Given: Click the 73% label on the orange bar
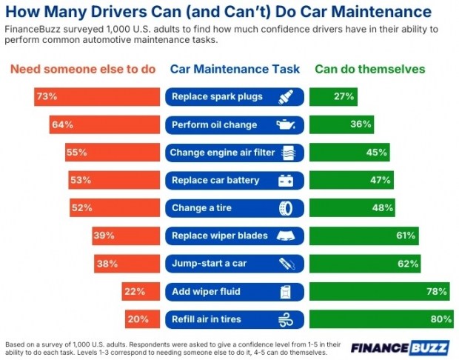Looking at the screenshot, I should [47, 97].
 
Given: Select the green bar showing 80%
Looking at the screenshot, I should [381, 319].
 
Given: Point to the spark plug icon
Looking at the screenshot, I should [285, 97].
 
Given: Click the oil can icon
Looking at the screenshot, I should [285, 124].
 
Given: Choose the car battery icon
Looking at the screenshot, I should [285, 180].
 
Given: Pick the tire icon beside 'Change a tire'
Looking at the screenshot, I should [285, 208].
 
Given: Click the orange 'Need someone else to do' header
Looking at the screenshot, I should [82, 69].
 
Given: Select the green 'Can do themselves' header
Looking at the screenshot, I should [369, 69].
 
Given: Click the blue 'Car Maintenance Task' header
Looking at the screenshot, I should [235, 69].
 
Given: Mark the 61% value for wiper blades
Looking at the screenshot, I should [404, 236].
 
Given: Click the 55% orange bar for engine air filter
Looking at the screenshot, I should [113, 153].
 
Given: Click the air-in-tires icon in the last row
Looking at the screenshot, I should [285, 319].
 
